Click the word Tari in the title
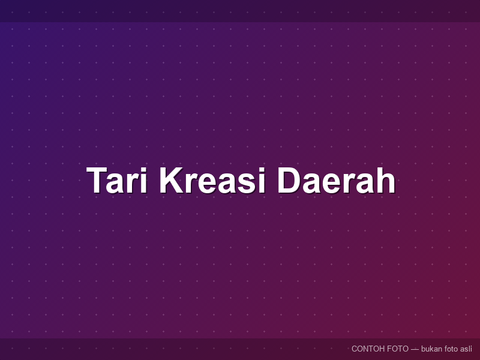pyautogui.click(x=117, y=181)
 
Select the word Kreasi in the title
pyautogui.click(x=212, y=181)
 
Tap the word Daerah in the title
pyautogui.click(x=336, y=181)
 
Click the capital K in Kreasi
pyautogui.click(x=172, y=181)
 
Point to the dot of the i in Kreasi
pyautogui.click(x=261, y=170)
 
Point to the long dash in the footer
pyautogui.click(x=415, y=349)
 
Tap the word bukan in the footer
pyautogui.click(x=431, y=349)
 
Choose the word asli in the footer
pyautogui.click(x=466, y=349)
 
